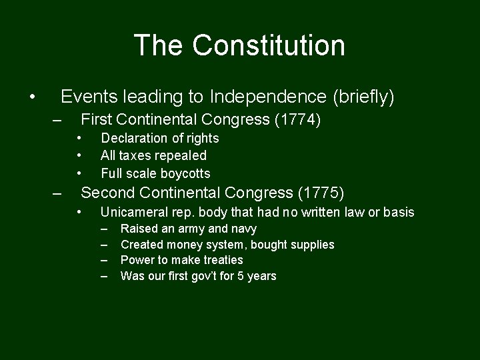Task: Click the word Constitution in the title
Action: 269,45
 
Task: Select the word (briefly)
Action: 363,97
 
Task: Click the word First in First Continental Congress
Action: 95,120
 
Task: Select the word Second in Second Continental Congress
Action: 104,193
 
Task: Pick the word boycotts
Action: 185,173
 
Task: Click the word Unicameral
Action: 132,212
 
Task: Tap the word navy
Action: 243,229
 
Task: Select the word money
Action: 183,245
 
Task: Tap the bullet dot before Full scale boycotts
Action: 79,173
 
